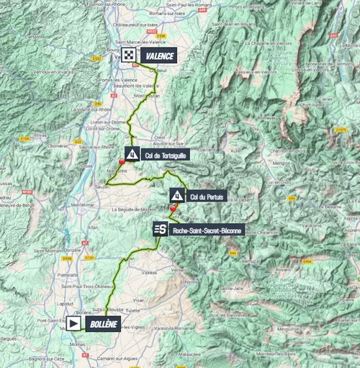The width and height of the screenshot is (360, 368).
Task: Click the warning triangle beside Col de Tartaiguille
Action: tap(132, 153)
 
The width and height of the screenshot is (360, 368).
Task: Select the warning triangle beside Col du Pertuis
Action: tap(176, 195)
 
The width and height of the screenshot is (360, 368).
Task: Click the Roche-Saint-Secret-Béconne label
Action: tap(208, 230)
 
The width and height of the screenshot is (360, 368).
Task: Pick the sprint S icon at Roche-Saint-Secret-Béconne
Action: tap(161, 230)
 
